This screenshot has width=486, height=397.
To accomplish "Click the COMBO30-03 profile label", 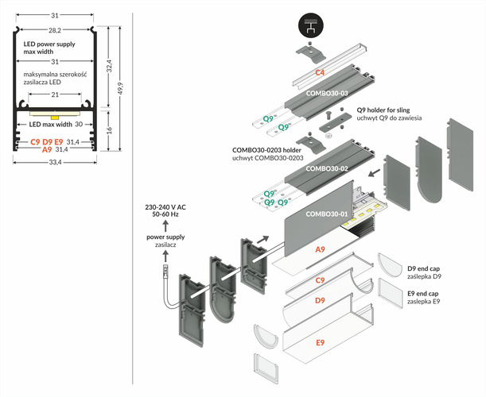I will (x=328, y=93).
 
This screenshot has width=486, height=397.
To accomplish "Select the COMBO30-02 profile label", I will (x=328, y=168).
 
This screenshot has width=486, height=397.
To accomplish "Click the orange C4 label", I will (x=319, y=72).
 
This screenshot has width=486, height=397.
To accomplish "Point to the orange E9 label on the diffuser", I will (x=319, y=342).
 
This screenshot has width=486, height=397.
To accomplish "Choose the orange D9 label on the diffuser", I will (x=319, y=301).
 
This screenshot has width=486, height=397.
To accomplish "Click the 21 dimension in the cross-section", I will (x=54, y=94).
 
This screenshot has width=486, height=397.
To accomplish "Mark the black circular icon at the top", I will (x=311, y=25).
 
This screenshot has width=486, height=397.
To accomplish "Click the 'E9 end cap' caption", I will (x=423, y=294).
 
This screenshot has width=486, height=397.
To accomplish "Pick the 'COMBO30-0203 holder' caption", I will (x=266, y=148).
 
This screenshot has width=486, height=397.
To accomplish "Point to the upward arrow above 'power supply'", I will (x=165, y=227).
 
